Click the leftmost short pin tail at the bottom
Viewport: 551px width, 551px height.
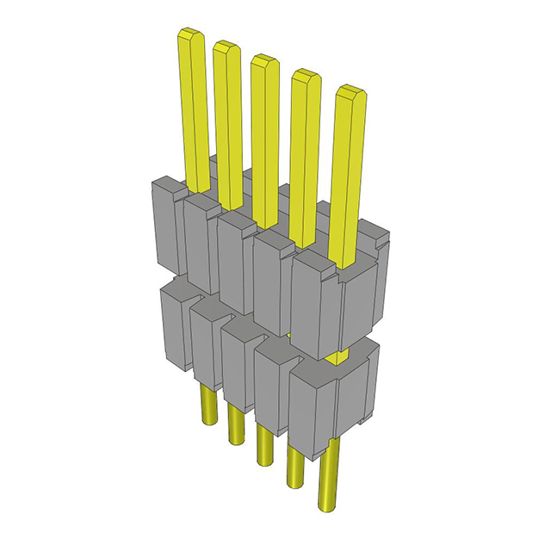207,405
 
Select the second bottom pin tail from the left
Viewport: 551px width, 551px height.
235,425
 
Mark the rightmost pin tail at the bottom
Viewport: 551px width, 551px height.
328,487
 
